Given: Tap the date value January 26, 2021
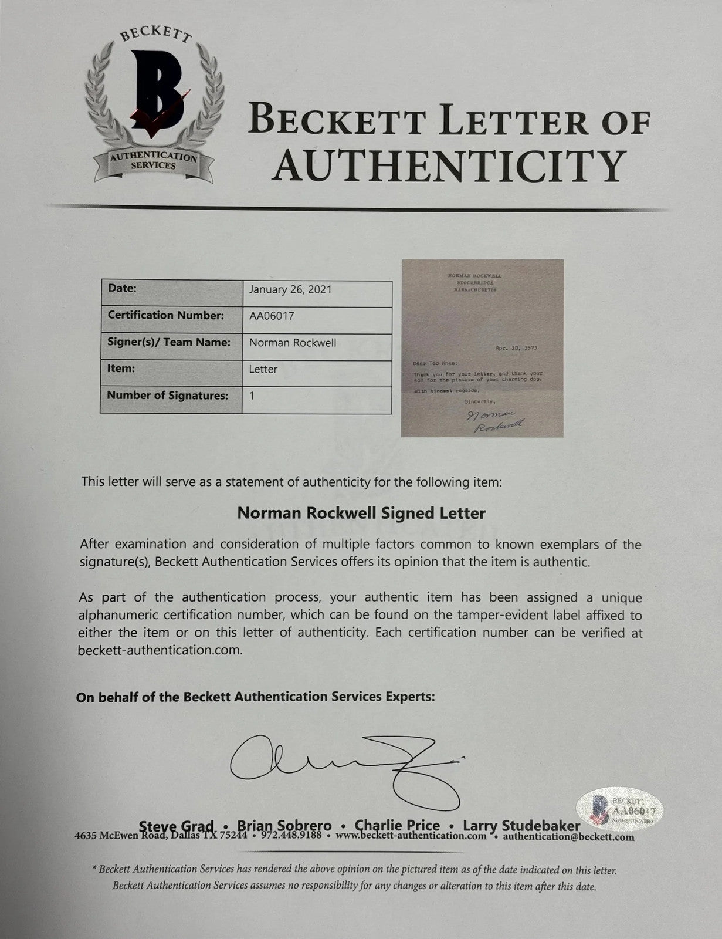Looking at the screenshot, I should (x=290, y=289).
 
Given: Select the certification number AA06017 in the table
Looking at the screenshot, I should (x=272, y=316).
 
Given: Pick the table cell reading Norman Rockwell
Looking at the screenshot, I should (x=293, y=343).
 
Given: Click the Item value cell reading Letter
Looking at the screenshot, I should (x=263, y=369).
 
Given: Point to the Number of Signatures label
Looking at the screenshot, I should (x=167, y=396).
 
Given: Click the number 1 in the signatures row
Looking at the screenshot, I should (x=252, y=396).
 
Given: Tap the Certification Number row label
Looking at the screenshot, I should (x=165, y=315).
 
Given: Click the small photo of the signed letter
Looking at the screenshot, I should (x=482, y=347).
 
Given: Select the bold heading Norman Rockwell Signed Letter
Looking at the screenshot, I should (x=361, y=514).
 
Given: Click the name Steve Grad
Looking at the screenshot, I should (x=177, y=826).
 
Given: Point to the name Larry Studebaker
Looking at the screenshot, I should (x=521, y=826).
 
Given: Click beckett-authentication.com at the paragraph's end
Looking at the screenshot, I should (x=160, y=650).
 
